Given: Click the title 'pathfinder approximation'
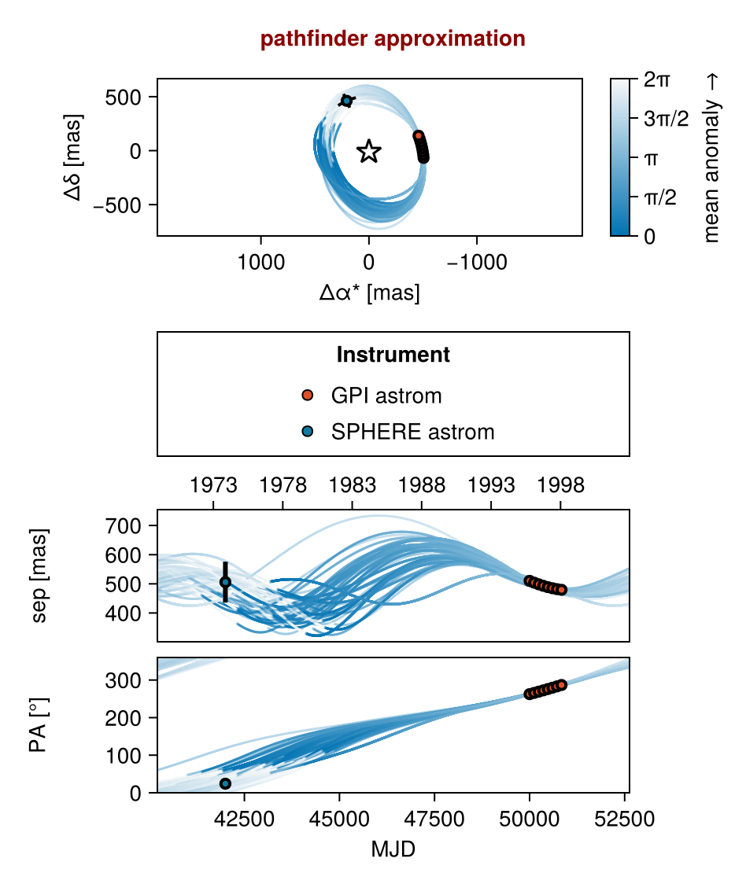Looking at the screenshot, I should coord(393,39).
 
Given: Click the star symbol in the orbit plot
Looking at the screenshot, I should coord(369,152).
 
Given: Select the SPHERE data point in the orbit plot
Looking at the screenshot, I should coord(347,101).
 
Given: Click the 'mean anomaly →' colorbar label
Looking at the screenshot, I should coord(712,157).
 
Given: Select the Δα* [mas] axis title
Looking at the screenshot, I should coord(369,293).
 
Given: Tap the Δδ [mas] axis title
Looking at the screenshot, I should coord(76,157).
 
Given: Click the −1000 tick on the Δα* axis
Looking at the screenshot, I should coord(477,263).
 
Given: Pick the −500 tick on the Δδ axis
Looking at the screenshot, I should coord(127,204).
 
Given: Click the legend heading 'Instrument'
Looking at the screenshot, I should coord(393,355).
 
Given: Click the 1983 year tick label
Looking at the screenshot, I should coord(352,485).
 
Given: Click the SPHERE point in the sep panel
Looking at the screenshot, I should coord(225,582).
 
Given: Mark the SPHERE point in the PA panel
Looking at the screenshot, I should coord(225,783).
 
